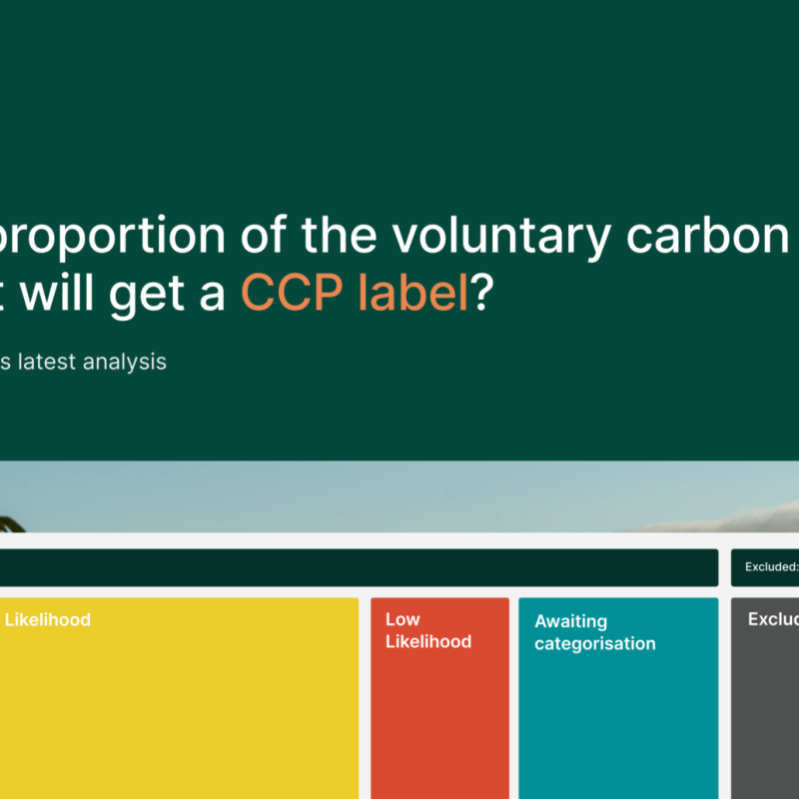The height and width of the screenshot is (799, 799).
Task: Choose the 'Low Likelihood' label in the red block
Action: click(x=427, y=630)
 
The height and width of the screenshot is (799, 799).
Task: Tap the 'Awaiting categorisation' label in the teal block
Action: click(x=594, y=632)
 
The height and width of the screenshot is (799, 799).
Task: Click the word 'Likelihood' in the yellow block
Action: click(x=47, y=620)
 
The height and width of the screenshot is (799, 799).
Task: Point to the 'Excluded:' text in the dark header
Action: click(x=771, y=567)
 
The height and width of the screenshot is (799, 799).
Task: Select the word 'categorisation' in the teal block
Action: click(x=594, y=643)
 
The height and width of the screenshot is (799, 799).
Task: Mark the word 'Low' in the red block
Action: click(x=402, y=619)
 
